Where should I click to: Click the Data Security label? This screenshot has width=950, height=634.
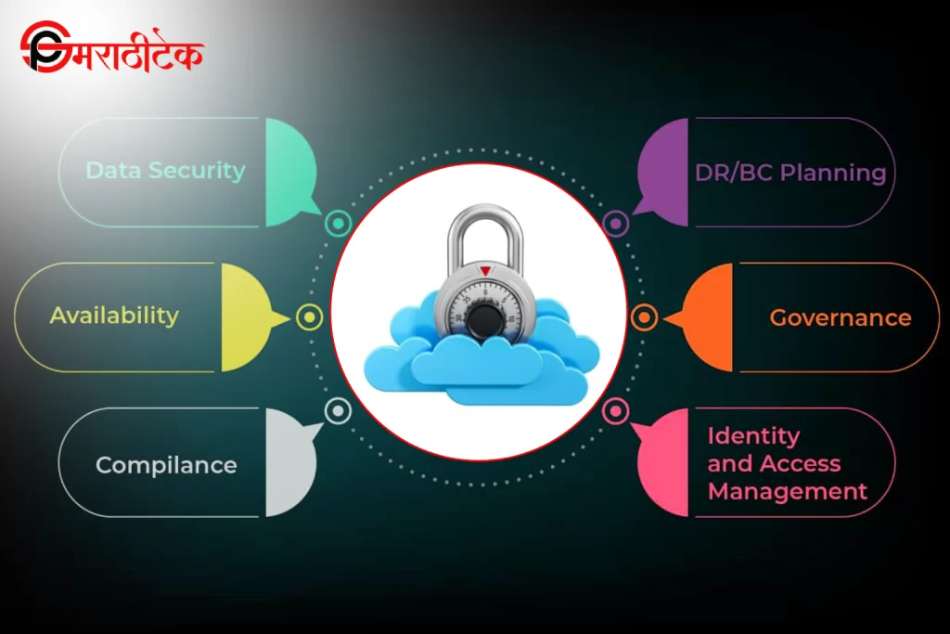coord(165,170)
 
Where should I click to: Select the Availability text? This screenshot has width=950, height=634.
coord(114,316)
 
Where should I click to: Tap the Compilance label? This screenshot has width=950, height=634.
coord(166,464)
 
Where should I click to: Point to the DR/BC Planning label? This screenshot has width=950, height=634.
coord(790,173)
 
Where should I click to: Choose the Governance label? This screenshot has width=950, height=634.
coord(841,317)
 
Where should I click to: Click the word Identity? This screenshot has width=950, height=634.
coord(753,435)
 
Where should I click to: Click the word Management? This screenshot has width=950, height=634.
coord(788,491)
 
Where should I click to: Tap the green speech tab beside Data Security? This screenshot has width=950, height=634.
coord(289,173)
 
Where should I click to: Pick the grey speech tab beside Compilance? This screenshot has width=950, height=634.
coord(289,462)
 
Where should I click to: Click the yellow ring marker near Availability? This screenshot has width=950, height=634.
coord(309,317)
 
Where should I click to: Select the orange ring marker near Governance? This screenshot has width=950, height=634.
coord(644,317)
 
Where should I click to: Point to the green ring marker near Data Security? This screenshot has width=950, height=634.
coord(338,223)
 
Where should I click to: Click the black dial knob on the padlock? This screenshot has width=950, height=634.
coord(481,319)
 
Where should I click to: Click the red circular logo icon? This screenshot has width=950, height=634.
coord(42,51)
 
